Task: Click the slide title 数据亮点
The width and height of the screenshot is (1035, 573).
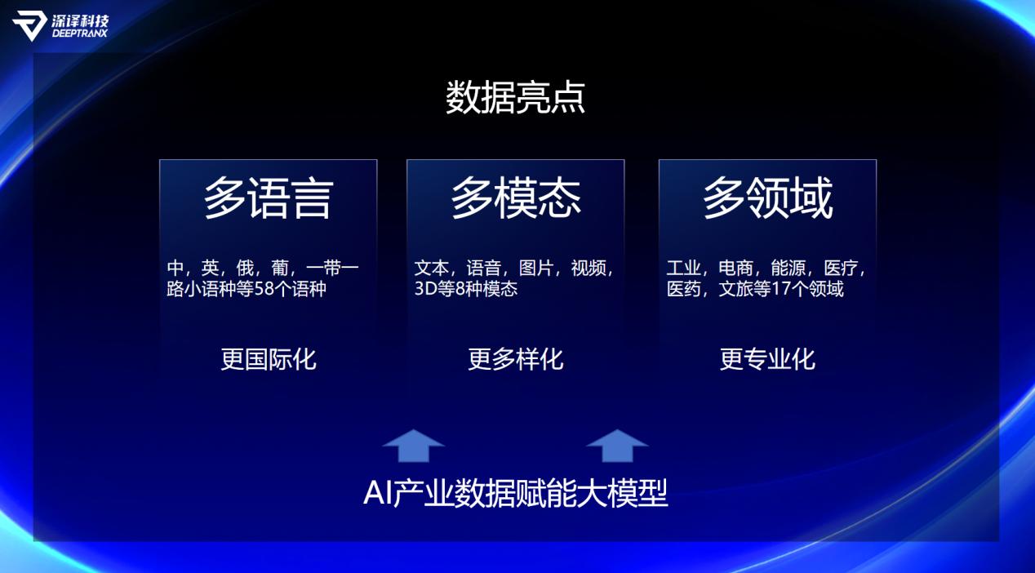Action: point(515,97)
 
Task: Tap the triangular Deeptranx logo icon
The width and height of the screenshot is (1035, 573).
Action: point(29,26)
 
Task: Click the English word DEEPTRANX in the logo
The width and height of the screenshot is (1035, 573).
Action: point(80,33)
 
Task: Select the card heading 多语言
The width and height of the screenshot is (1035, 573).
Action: point(269,198)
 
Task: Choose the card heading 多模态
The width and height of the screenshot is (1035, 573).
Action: point(516,198)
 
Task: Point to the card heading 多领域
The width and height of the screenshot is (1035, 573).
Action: point(768,198)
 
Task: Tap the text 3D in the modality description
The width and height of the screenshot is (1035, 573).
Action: point(425,289)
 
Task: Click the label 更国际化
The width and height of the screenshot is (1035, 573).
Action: point(269,359)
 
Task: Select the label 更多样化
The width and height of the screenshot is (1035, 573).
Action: point(516,359)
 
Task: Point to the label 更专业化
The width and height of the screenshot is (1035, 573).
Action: point(768,359)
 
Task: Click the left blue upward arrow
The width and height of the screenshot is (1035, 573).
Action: point(414,446)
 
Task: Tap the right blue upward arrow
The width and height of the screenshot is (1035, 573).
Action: point(617,446)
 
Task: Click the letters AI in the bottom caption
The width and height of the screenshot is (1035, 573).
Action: point(377,493)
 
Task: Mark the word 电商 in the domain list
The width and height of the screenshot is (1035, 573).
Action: point(736,268)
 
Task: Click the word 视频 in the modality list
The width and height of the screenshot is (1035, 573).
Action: point(589,268)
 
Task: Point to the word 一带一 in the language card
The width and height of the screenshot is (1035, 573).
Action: point(332,268)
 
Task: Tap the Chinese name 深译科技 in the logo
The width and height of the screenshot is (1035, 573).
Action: point(80,20)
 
